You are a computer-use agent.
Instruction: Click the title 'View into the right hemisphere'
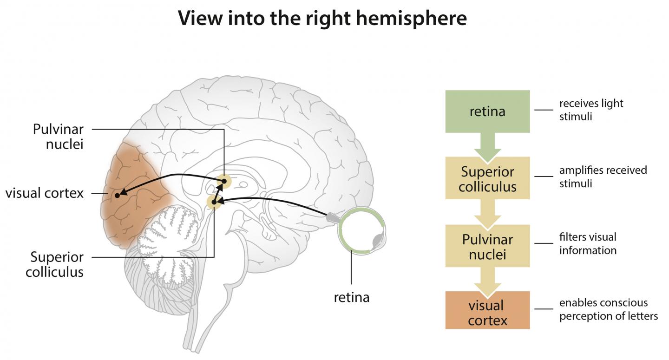322,19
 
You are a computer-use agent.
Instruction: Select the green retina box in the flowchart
487,111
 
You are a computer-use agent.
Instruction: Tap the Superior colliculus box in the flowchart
487,178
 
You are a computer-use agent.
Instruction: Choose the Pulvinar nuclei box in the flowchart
487,246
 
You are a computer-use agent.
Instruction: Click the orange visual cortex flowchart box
487,313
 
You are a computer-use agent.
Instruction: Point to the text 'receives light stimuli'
591,110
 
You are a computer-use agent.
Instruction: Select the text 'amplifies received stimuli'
603,177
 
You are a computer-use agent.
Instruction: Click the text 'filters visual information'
588,243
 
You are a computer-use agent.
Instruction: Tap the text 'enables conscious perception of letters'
608,309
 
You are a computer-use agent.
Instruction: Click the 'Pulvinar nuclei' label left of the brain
58,136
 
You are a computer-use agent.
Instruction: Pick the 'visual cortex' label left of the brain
45,193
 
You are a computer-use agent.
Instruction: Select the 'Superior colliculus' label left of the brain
55,264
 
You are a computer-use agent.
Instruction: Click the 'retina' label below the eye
352,297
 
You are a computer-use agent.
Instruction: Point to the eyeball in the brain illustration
361,231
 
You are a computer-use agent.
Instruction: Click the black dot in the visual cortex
117,196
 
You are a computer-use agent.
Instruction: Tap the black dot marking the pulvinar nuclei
224,181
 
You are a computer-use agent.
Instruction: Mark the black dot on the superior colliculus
214,202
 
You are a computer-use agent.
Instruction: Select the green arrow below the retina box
487,146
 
